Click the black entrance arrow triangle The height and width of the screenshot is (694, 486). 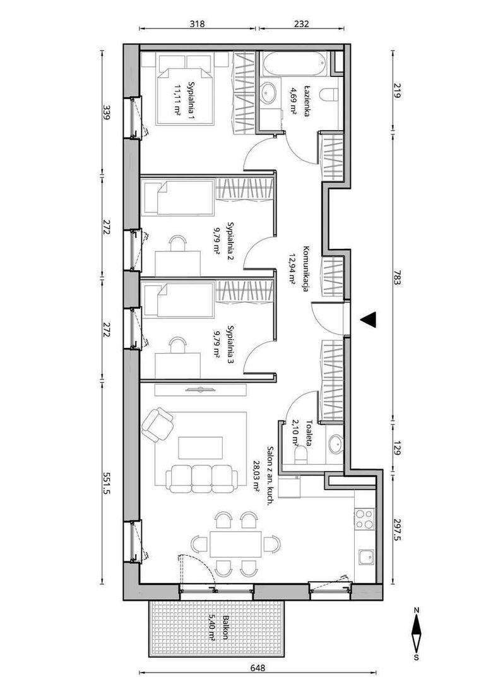pos(369,320)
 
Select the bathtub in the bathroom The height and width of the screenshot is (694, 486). pos(293,64)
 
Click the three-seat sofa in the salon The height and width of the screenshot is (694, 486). pos(201,479)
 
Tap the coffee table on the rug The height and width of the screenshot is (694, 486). pos(200,448)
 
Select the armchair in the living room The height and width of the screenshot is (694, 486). pos(157,424)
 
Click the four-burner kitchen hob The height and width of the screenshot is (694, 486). pos(365,518)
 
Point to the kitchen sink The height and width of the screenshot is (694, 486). pos(365,557)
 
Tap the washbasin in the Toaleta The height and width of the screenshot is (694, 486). pos(335,444)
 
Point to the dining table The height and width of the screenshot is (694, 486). pos(235,544)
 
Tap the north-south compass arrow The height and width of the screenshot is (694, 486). pos(416,635)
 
